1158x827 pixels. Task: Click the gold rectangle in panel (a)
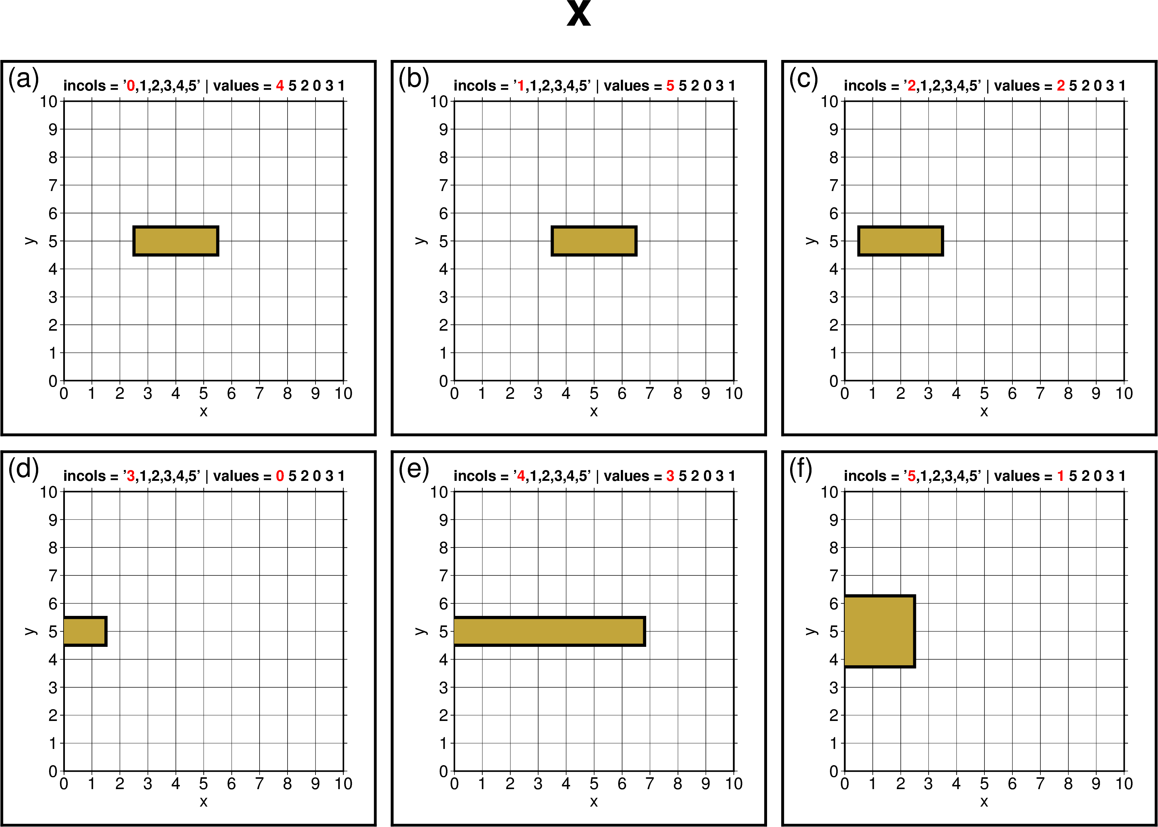(176, 241)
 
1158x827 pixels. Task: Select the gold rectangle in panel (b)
(594, 241)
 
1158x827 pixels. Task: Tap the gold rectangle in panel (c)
(900, 241)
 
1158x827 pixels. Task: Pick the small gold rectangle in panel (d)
(85, 631)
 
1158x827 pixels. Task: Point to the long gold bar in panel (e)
(549, 631)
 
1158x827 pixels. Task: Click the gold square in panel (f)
(879, 631)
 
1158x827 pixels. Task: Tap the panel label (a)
(23, 79)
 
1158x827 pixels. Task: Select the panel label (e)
(413, 469)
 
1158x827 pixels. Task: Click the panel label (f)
(801, 469)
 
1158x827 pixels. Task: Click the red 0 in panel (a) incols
(130, 86)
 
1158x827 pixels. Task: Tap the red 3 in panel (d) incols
(130, 476)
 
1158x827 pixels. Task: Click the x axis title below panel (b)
(594, 411)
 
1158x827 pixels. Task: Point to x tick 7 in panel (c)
(1040, 394)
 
